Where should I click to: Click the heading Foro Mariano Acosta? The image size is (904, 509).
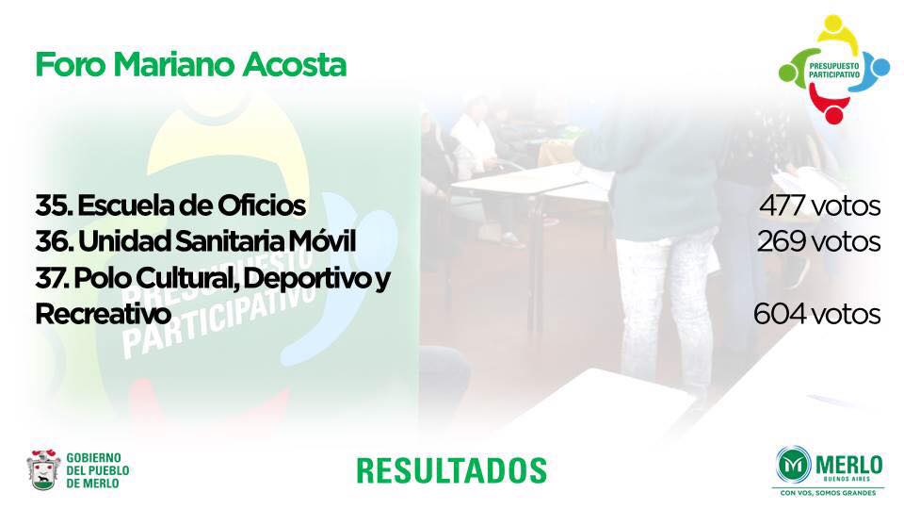(x=191, y=65)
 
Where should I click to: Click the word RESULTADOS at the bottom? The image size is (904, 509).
(x=451, y=470)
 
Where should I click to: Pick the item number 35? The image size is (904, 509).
(x=53, y=205)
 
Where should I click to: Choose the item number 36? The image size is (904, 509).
(x=54, y=242)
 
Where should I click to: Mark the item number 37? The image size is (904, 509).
(x=52, y=278)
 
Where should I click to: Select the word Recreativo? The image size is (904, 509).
(x=104, y=315)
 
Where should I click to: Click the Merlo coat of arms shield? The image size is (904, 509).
(x=43, y=469)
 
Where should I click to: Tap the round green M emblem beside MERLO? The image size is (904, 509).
(x=794, y=464)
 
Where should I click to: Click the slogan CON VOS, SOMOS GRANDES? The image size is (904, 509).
(x=828, y=493)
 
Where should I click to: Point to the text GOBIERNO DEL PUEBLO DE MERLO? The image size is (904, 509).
(x=97, y=471)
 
